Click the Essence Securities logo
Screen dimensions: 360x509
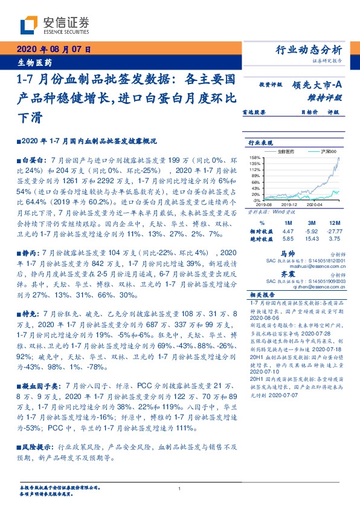54,25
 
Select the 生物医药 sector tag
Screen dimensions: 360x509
34,62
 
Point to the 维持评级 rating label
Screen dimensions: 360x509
328,97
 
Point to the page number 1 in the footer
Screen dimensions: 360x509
180,488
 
